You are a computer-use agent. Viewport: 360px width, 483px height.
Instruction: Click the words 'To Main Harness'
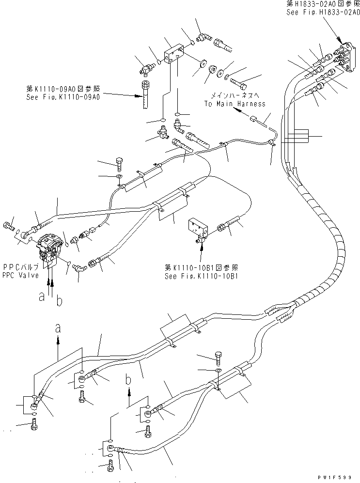[235, 104]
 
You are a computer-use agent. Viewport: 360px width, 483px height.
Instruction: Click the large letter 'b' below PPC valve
[59, 302]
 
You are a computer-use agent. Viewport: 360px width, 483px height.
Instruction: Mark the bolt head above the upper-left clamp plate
[119, 161]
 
